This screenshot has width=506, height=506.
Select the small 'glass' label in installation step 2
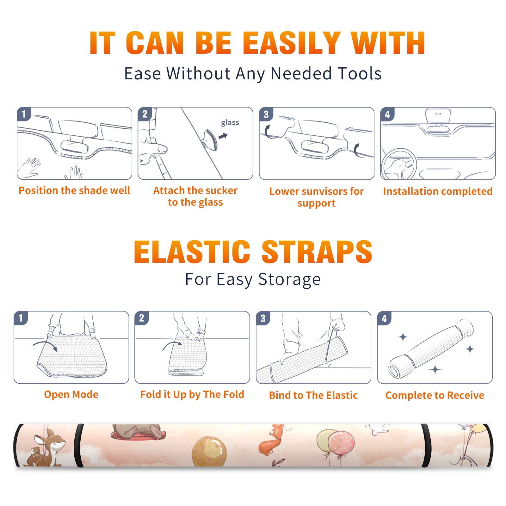230,123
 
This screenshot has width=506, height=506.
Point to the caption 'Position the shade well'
74,190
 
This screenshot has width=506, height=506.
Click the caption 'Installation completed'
438,191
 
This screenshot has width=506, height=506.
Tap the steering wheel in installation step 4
399,164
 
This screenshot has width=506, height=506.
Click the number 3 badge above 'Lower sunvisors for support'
266,114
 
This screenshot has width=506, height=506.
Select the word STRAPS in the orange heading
317,252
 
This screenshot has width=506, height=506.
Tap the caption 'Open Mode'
71,394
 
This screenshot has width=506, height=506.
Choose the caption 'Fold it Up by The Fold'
192,395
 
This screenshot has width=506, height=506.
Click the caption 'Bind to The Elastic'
313,395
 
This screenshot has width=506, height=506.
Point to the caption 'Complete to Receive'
435,395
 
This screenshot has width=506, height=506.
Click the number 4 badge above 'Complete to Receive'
384,318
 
